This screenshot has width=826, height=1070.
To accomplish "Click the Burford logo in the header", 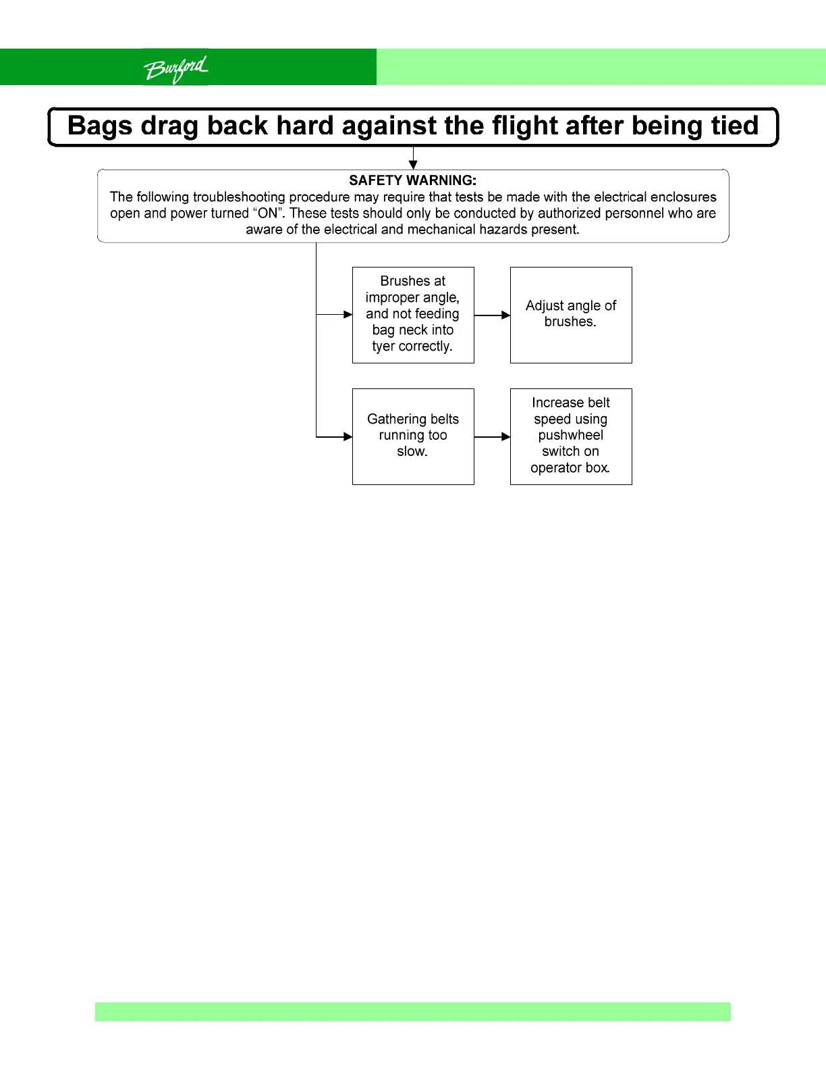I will [x=175, y=68].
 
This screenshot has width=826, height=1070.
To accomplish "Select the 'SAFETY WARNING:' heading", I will [x=412, y=180].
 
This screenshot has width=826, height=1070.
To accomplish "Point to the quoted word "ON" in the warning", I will [x=268, y=213].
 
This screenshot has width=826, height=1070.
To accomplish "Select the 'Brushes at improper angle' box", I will [x=413, y=315].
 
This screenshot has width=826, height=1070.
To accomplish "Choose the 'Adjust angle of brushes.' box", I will [x=571, y=315].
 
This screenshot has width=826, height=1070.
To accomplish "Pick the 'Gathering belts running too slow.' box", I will [x=413, y=436].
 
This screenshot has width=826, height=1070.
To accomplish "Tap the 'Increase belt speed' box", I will [x=571, y=436].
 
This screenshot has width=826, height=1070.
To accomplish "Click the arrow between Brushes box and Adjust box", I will [x=492, y=315].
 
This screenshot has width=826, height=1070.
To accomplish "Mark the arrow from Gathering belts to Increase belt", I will [x=492, y=436].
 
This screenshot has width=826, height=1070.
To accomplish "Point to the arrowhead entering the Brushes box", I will [x=348, y=314].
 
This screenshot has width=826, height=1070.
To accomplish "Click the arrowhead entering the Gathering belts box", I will [x=348, y=436].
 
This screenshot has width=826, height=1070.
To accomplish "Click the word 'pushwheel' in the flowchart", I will [x=571, y=436].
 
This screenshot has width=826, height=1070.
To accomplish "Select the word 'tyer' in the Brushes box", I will [x=383, y=347].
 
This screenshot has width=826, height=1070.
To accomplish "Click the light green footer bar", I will [x=413, y=1011].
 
